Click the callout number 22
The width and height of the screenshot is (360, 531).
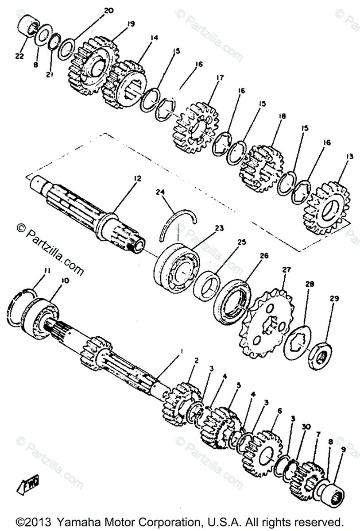tap(18, 55)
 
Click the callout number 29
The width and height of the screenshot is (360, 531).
tap(333, 299)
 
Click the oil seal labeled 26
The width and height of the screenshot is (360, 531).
tap(234, 301)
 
